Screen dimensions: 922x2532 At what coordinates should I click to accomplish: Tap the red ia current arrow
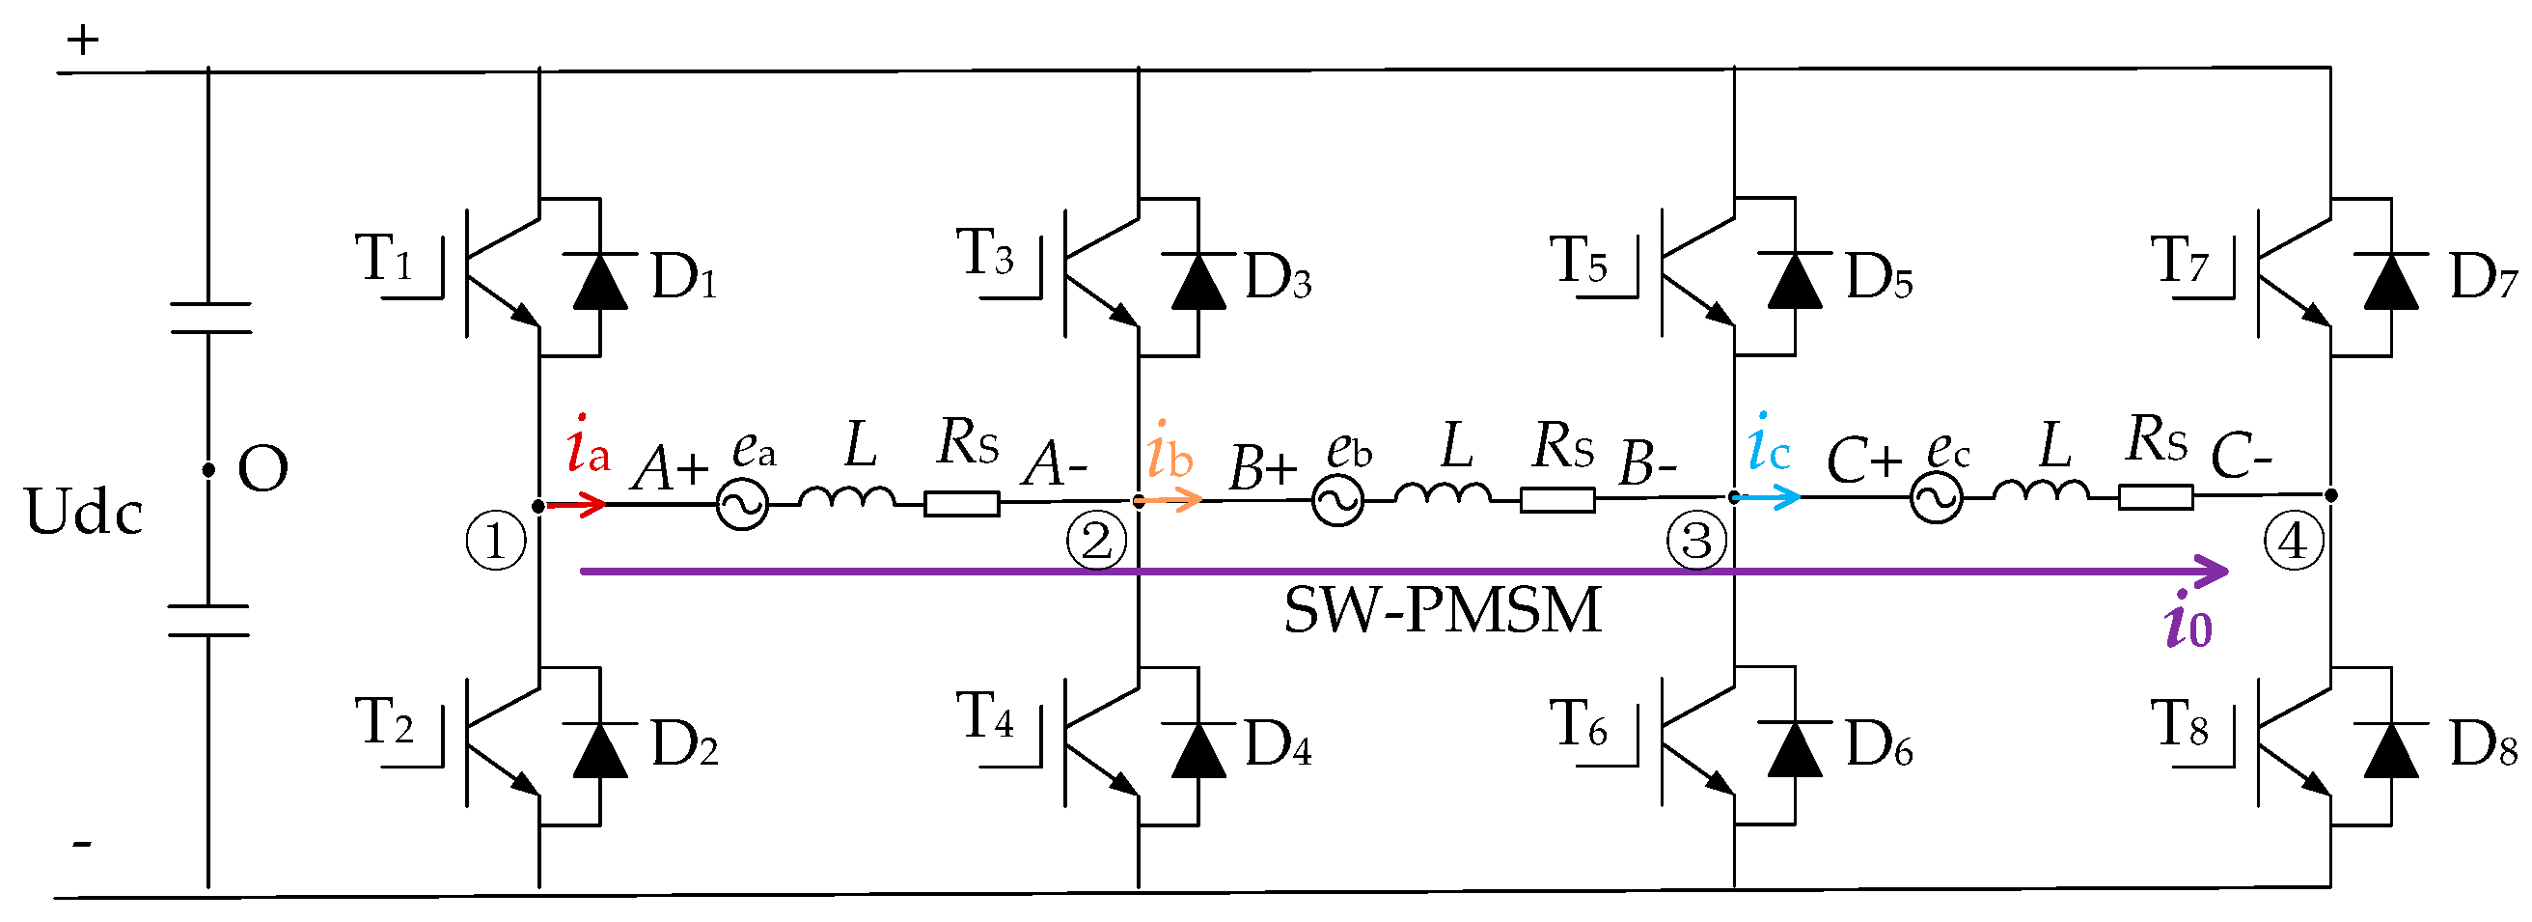(x=578, y=505)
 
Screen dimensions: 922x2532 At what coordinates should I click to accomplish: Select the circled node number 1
(x=495, y=542)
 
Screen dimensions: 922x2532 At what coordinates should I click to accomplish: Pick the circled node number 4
(x=2293, y=541)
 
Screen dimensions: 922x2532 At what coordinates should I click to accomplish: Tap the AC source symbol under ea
(x=742, y=505)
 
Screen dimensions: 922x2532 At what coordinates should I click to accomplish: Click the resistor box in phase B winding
(x=1557, y=500)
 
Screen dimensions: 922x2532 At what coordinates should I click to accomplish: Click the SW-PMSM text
(x=1442, y=610)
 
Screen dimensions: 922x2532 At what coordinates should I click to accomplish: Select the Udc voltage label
(x=84, y=512)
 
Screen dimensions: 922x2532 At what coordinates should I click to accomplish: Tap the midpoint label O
(x=262, y=469)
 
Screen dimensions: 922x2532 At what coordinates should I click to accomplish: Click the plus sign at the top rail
(x=83, y=41)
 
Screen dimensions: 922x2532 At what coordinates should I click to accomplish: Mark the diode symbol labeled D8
(x=2390, y=750)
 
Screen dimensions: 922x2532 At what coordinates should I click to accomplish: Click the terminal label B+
(x=1262, y=467)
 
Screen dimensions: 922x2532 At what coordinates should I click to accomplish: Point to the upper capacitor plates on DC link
(x=209, y=319)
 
